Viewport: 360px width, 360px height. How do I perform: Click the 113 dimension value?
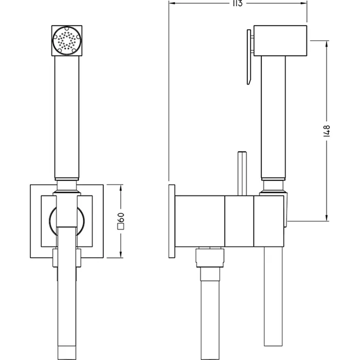[238, 4]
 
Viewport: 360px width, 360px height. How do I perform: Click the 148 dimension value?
[326, 131]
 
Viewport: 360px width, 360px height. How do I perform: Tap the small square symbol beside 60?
[121, 226]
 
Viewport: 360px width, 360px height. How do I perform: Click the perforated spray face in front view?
[66, 41]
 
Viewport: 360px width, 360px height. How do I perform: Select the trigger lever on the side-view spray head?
[249, 57]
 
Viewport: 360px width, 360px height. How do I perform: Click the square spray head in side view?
[280, 41]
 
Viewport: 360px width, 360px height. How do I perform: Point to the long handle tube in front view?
[67, 118]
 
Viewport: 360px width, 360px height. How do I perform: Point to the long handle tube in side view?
[273, 118]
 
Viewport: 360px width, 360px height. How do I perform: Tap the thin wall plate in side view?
[172, 221]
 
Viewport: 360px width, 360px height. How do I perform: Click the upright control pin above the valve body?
[242, 173]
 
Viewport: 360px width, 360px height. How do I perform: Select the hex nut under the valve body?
[210, 257]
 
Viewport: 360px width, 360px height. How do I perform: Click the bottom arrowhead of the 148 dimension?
[327, 218]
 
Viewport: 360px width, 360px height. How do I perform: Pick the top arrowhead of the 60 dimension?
[121, 188]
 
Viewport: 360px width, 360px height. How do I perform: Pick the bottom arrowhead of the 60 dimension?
[121, 255]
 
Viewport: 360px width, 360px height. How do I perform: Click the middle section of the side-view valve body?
[239, 221]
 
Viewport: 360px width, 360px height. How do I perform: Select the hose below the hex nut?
[210, 314]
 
